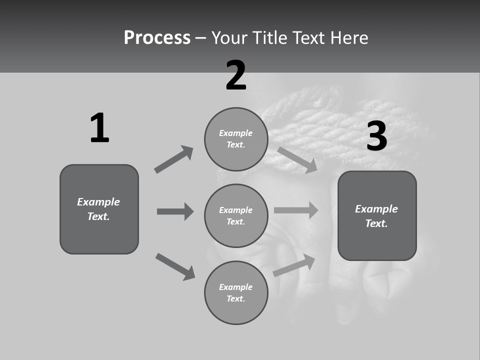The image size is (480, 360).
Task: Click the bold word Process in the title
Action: (157, 38)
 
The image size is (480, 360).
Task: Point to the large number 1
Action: (99, 128)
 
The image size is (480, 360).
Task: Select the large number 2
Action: (236, 75)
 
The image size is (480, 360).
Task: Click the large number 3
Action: (376, 136)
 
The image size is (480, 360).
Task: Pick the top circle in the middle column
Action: (236, 139)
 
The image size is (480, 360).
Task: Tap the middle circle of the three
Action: (236, 215)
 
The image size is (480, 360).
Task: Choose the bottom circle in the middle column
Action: (236, 292)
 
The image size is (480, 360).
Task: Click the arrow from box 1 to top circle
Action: (174, 159)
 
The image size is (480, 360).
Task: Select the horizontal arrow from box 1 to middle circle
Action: (175, 211)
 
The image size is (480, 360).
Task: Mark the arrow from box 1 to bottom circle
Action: (175, 266)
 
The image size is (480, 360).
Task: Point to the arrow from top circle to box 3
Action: (297, 159)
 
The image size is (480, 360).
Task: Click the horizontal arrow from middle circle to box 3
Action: (296, 210)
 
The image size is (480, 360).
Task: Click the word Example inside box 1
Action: (98, 202)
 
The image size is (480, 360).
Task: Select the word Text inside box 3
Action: (376, 223)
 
